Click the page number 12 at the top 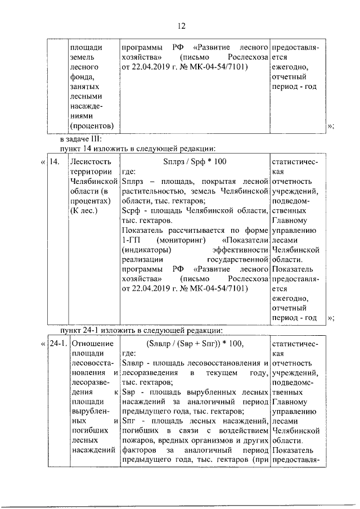point(181,26)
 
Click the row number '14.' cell point(55,161)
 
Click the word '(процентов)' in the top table point(92,124)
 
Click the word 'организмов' point(206,434)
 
